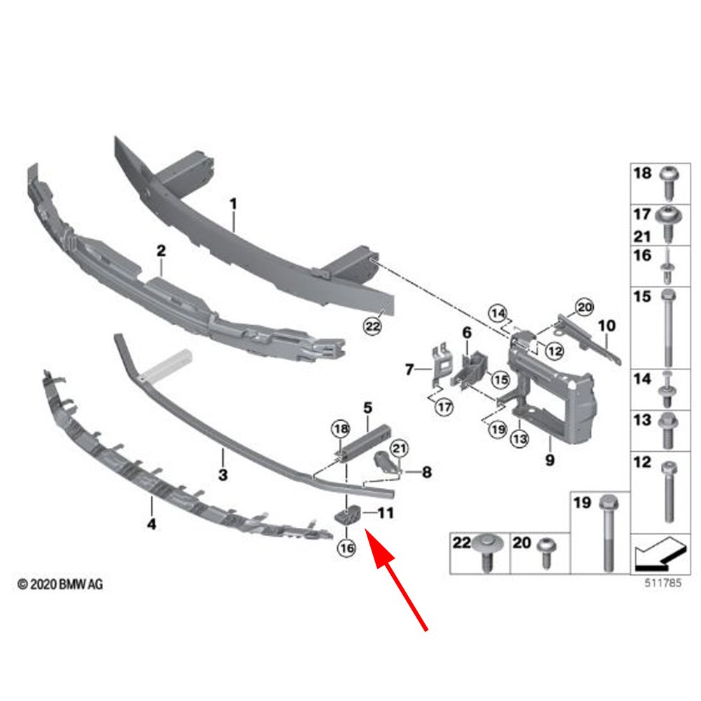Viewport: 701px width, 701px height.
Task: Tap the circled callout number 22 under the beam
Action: tap(372, 325)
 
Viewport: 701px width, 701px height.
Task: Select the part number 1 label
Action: tap(233, 204)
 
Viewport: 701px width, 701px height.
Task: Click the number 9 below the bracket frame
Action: tap(550, 461)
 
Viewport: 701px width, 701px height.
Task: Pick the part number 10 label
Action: tap(607, 326)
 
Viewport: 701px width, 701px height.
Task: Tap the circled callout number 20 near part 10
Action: tap(584, 306)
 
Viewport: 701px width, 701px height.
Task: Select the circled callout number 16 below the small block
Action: tap(346, 548)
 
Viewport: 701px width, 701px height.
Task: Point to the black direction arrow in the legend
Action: tap(657, 554)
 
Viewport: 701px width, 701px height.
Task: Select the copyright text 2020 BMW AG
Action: tap(60, 584)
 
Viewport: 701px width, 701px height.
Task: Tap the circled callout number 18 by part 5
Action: tap(340, 428)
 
